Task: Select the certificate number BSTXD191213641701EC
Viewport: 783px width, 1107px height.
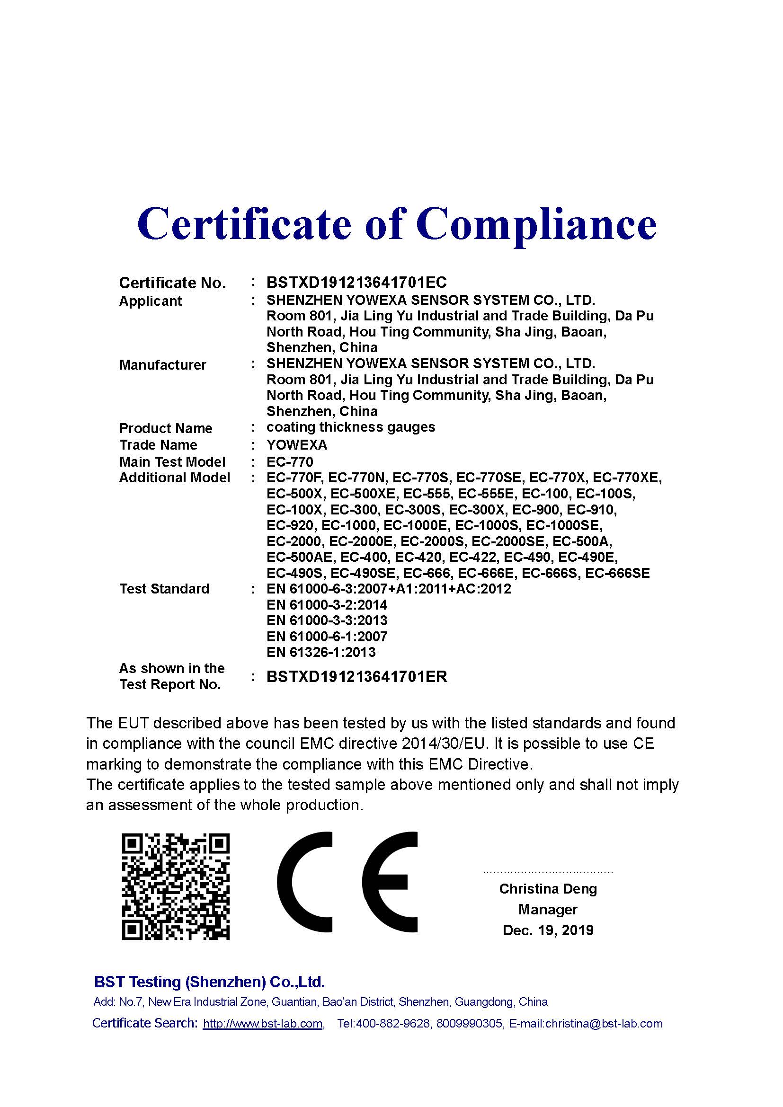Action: [356, 282]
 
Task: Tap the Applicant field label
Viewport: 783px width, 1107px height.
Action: [150, 301]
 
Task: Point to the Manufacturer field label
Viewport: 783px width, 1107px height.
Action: [162, 365]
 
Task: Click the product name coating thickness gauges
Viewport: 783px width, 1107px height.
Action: [350, 427]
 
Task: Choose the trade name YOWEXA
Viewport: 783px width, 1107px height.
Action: [296, 444]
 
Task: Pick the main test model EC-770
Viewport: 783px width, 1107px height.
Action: [290, 462]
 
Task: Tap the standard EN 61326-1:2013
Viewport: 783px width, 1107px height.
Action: [320, 652]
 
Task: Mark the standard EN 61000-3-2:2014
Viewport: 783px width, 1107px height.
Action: [327, 605]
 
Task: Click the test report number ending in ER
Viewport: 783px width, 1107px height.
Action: [356, 677]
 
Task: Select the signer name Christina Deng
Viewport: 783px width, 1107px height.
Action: [548, 889]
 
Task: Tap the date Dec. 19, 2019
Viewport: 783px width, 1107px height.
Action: [548, 930]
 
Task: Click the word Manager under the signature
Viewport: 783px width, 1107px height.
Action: [548, 909]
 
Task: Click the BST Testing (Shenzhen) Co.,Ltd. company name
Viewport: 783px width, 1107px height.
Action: [209, 982]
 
